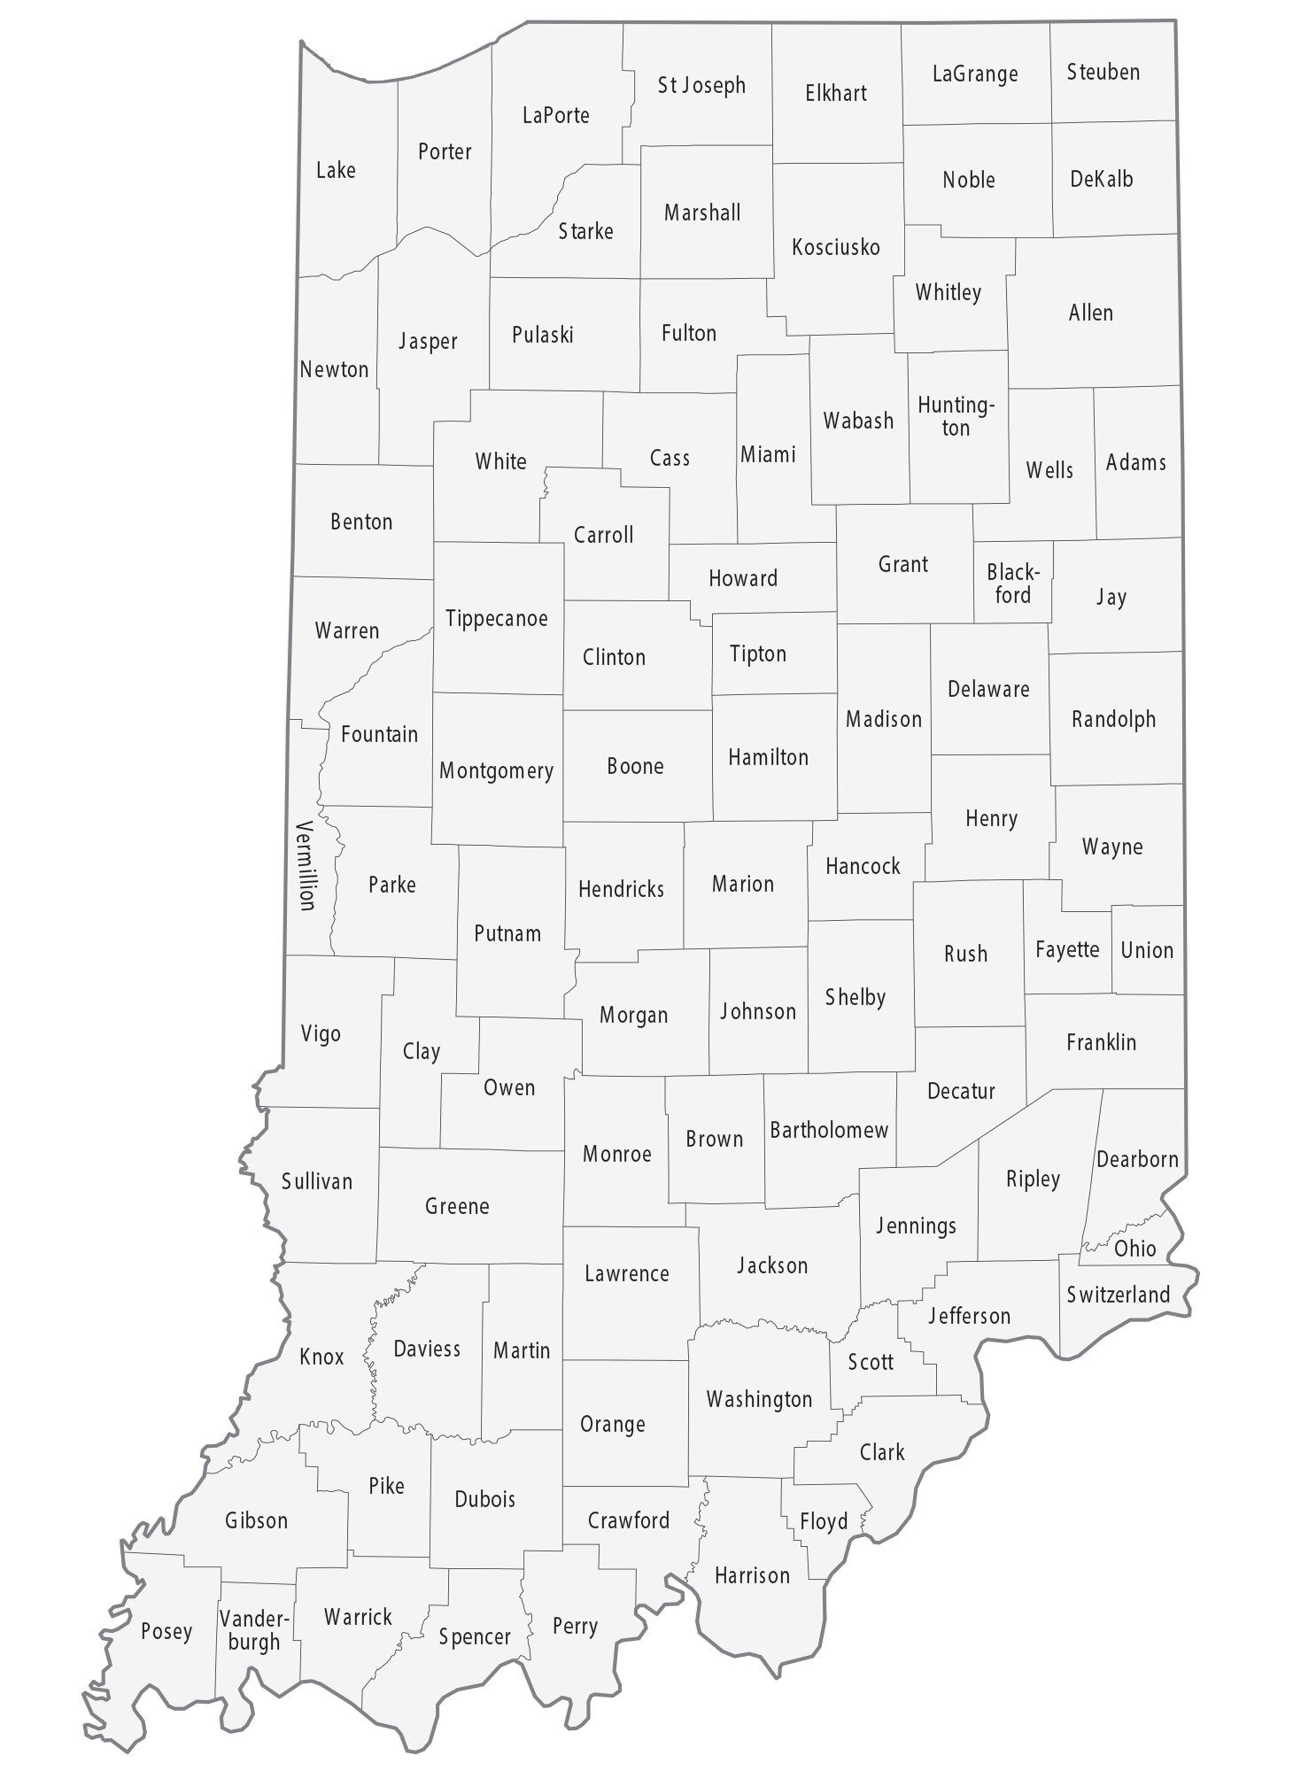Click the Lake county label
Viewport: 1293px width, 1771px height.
pyautogui.click(x=336, y=170)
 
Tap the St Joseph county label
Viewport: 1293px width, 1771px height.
pyautogui.click(x=701, y=85)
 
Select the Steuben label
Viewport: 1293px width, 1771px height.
pyautogui.click(x=1103, y=72)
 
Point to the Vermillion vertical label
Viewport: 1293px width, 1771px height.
pyautogui.click(x=306, y=865)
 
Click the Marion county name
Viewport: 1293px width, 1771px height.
pyautogui.click(x=742, y=884)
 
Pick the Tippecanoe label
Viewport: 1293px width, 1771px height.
pyautogui.click(x=496, y=618)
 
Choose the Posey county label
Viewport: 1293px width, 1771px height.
pyautogui.click(x=166, y=1631)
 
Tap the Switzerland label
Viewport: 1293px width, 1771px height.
pyautogui.click(x=1118, y=1295)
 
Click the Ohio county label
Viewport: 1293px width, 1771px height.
pyautogui.click(x=1134, y=1249)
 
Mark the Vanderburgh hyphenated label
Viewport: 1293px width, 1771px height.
pyautogui.click(x=253, y=1630)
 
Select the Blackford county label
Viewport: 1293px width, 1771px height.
pyautogui.click(x=1012, y=584)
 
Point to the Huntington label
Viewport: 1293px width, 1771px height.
pyautogui.click(x=956, y=416)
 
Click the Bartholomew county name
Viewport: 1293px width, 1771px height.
pyautogui.click(x=828, y=1130)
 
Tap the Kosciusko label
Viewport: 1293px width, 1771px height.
pyautogui.click(x=835, y=247)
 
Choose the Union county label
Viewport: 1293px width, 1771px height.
pyautogui.click(x=1146, y=950)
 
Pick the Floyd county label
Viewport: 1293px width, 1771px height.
pyautogui.click(x=824, y=1521)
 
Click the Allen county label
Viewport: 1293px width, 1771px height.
pyautogui.click(x=1090, y=313)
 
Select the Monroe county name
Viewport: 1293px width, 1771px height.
pyautogui.click(x=616, y=1154)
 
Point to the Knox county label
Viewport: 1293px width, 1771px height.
pyautogui.click(x=321, y=1356)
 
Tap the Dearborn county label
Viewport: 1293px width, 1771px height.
pyautogui.click(x=1137, y=1159)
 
